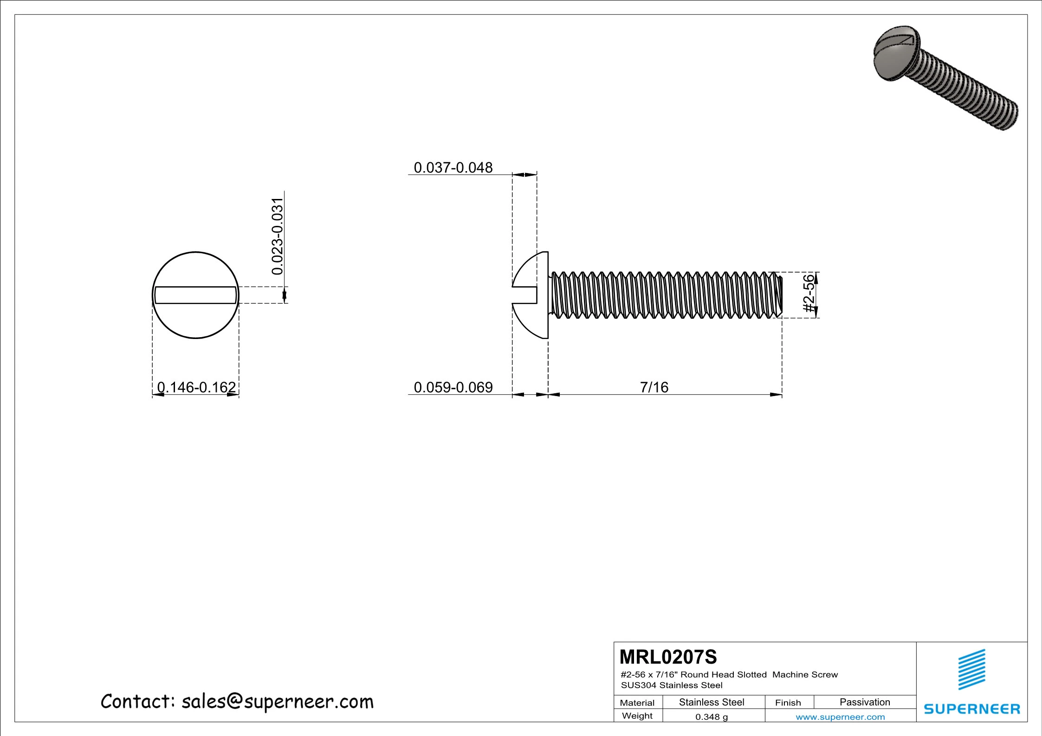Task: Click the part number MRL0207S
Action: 668,657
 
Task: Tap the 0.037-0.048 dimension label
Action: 453,167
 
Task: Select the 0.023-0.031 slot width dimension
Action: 277,237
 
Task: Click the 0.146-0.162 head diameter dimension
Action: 196,387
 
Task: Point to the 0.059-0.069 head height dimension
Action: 453,387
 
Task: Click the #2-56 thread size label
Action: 809,294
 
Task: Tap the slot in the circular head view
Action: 195,295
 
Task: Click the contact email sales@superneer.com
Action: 237,702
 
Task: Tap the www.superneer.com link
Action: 840,717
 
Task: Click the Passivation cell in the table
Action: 864,702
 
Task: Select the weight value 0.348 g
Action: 711,717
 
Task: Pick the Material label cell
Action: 637,703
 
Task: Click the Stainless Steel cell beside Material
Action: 711,702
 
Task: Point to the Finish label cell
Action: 788,703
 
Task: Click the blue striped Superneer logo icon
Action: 971,670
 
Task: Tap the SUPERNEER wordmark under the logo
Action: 971,709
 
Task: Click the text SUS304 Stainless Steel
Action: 671,685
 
